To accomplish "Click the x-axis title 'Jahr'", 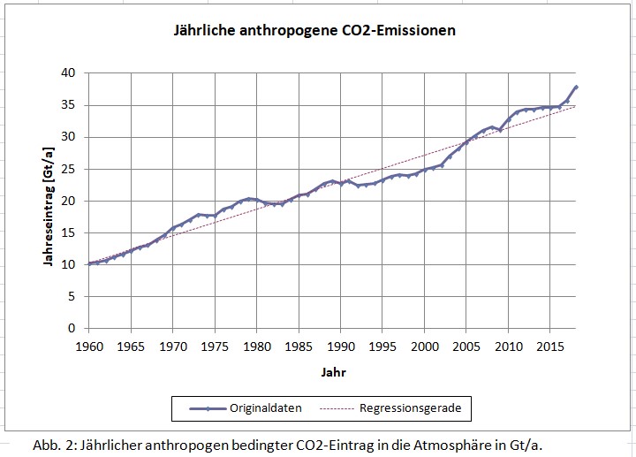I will [x=333, y=373].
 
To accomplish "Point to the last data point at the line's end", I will [x=576, y=87].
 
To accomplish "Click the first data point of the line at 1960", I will [x=89, y=263].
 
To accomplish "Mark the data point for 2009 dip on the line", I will [x=500, y=130].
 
